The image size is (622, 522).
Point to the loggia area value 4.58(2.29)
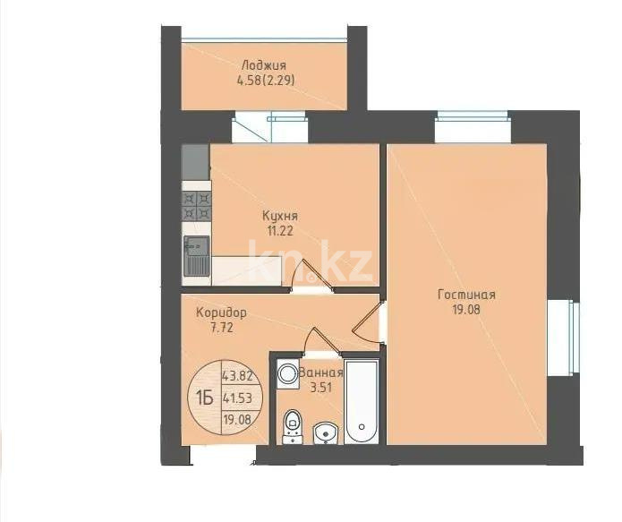point(266,80)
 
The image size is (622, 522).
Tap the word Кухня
point(279,216)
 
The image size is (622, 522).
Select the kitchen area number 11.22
point(280,230)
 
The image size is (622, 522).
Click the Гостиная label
point(466,295)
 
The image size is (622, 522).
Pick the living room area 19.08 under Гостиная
point(466,310)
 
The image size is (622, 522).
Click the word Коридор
point(221,312)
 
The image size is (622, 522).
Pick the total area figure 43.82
point(234,376)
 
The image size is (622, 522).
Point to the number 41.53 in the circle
point(234,398)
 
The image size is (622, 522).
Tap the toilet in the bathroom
point(292,424)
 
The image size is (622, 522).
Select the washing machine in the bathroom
point(288,373)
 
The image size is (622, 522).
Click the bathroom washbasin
point(327,432)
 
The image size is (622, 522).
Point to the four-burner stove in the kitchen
point(196,207)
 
